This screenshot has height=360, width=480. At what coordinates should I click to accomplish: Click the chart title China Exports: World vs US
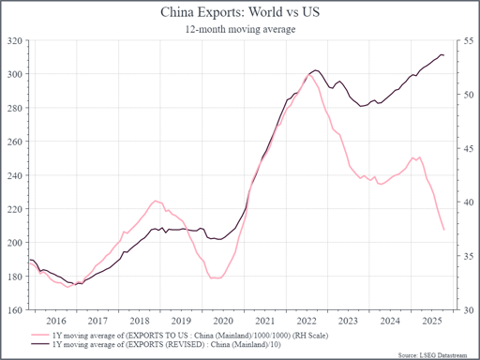(x=239, y=13)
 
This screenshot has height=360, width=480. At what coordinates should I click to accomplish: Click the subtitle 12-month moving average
(x=239, y=29)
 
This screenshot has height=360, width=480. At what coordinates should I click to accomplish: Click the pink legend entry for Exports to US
(x=169, y=333)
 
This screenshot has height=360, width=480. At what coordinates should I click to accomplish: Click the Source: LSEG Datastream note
(x=437, y=354)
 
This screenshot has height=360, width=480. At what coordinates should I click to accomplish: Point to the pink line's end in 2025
(x=443, y=229)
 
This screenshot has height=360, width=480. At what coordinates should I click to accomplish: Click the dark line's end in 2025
(x=443, y=55)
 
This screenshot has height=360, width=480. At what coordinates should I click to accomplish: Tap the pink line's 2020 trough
(x=216, y=278)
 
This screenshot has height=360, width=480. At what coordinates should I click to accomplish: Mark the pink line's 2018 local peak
(x=156, y=201)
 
